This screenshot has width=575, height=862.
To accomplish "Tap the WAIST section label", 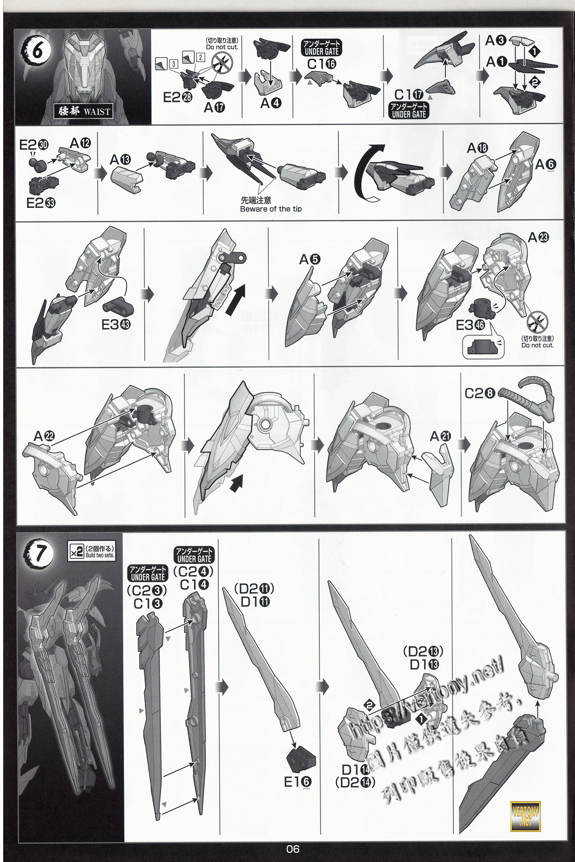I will pos(84,111).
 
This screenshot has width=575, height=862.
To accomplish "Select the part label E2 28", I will pos(178,97).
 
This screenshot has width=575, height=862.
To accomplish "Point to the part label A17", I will pos(215,107).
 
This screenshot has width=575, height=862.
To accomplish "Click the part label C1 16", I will pos(322,64).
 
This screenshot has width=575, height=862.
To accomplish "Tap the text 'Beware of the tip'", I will pos(271,209).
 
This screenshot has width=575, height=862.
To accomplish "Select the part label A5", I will pos(310,259).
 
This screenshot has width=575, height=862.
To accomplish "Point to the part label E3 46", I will pos(470,325).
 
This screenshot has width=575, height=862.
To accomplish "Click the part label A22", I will pos(44,436).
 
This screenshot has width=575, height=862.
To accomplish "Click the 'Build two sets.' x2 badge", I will pos(92,550).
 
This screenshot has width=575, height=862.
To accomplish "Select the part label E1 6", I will pos(298,782).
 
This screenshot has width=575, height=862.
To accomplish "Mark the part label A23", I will pos(538,237).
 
